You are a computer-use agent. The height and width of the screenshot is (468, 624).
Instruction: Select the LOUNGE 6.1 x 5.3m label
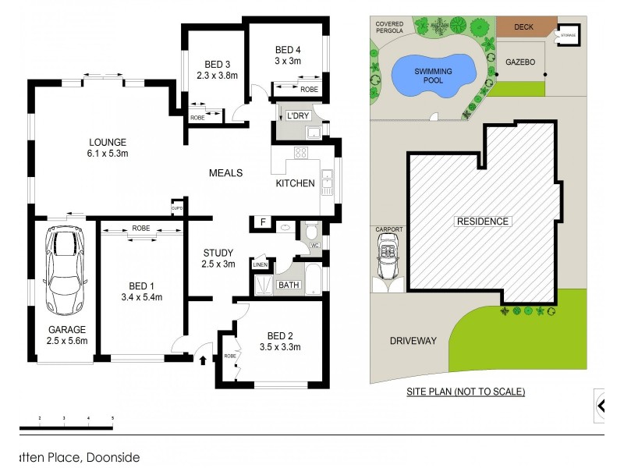pyautogui.click(x=108, y=147)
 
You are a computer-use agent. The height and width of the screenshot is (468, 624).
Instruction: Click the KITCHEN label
pyautogui.click(x=296, y=183)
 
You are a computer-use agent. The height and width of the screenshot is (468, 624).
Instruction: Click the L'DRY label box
pyautogui.click(x=298, y=115)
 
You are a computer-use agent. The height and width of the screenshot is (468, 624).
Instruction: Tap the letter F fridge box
pyautogui.click(x=264, y=223)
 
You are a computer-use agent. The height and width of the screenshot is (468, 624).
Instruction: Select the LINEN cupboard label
pyautogui.click(x=260, y=264)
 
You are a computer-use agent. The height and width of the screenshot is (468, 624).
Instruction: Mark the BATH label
pyautogui.click(x=289, y=285)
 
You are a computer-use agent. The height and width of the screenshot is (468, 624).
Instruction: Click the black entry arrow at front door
pyautogui.click(x=204, y=360)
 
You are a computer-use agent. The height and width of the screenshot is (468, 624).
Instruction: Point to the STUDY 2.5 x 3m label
pyautogui.click(x=218, y=258)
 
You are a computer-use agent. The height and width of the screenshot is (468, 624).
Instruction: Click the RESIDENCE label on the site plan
pyautogui.click(x=482, y=222)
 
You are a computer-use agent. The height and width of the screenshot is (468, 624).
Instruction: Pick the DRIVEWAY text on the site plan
pyautogui.click(x=413, y=340)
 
